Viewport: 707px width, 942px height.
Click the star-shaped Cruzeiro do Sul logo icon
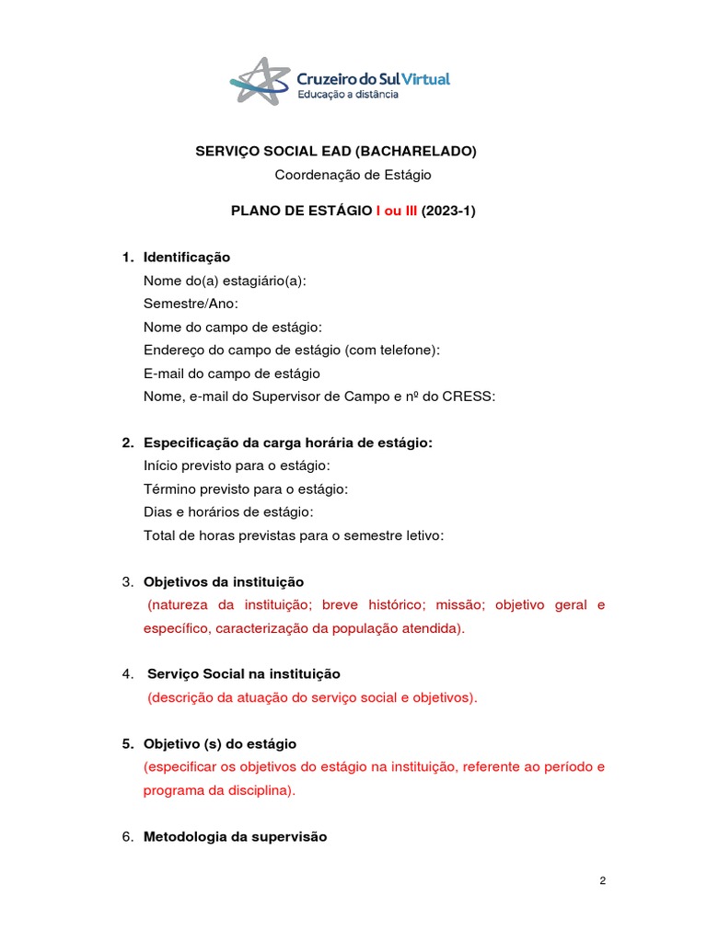click(259, 81)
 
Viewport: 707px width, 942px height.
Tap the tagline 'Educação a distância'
click(347, 94)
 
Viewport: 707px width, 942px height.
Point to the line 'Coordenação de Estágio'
click(353, 174)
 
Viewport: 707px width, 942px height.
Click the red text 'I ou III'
click(397, 211)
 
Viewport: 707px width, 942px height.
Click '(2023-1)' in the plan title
click(448, 211)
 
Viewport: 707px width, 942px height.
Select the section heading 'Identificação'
click(187, 257)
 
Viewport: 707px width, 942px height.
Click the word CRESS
click(472, 396)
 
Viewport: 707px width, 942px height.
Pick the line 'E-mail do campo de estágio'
click(232, 373)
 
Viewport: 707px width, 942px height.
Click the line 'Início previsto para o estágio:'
click(237, 465)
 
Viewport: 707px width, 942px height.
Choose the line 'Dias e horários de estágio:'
click(228, 512)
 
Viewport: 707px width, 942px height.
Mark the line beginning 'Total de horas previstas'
click(294, 535)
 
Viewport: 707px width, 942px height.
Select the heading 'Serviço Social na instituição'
click(244, 674)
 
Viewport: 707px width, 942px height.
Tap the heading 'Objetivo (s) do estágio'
click(220, 743)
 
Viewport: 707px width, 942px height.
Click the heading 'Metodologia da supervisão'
click(235, 837)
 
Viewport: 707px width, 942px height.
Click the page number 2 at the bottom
click(602, 881)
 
